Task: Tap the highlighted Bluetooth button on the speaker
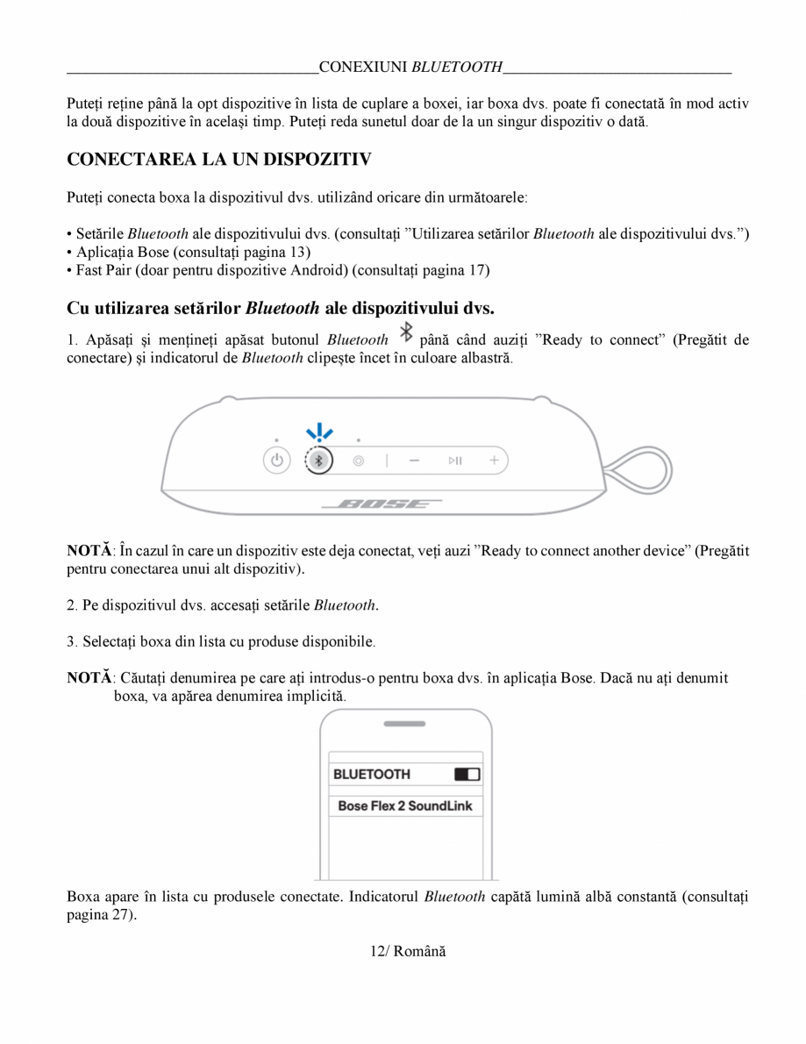click(x=319, y=460)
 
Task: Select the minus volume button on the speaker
click(x=414, y=460)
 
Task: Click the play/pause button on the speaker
click(x=455, y=460)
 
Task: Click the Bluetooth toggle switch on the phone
click(x=467, y=775)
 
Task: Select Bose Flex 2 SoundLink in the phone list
click(x=404, y=805)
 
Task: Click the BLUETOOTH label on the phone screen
click(x=372, y=775)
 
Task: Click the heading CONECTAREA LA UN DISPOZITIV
click(x=219, y=160)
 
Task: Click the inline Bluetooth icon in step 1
click(x=405, y=333)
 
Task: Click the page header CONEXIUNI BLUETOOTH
click(x=410, y=67)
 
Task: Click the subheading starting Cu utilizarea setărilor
click(x=281, y=308)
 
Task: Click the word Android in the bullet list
click(x=318, y=269)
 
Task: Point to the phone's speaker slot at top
click(x=404, y=725)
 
